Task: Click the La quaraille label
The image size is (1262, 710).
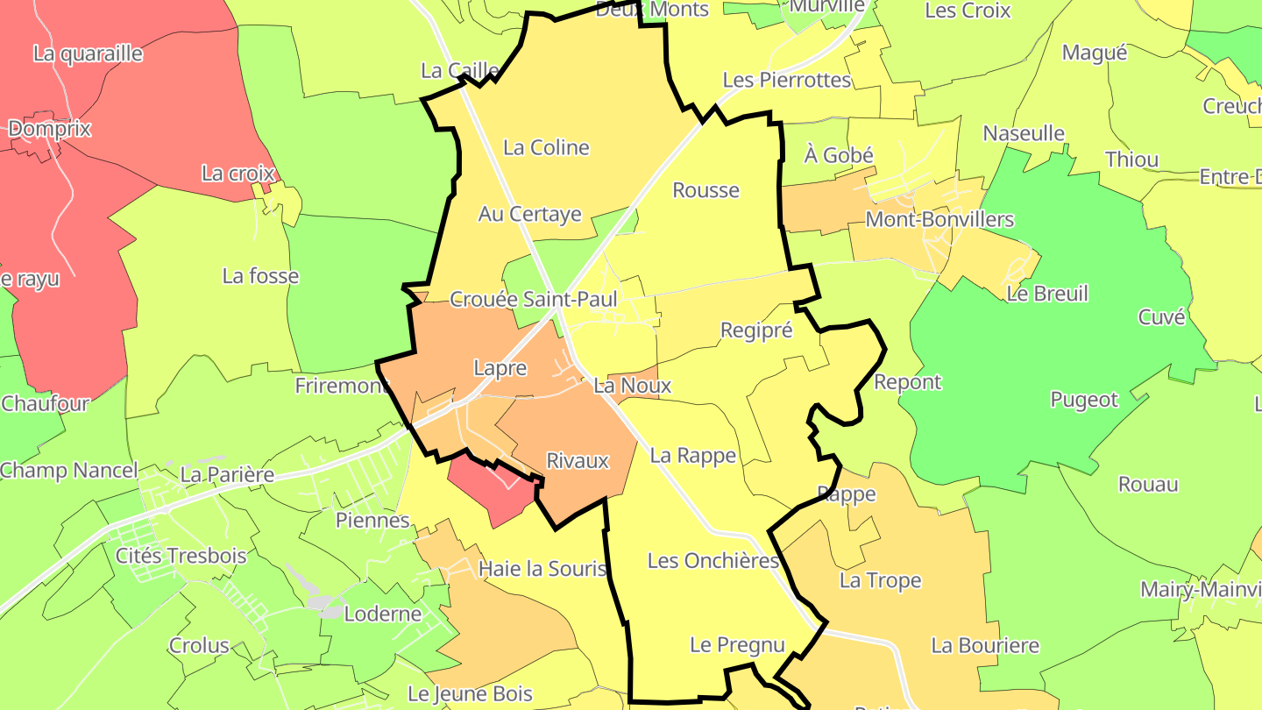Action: tap(88, 53)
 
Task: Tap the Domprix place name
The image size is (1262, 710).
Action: tap(49, 129)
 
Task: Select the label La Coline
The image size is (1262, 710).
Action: tap(546, 147)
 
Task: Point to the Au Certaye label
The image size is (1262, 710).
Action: tap(529, 214)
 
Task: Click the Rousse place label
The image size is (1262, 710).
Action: tap(705, 190)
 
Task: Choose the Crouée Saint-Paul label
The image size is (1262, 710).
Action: tap(533, 300)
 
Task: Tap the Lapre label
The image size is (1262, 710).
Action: tap(500, 368)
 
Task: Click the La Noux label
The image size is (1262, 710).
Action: tap(632, 386)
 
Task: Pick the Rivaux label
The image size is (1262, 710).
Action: tap(577, 461)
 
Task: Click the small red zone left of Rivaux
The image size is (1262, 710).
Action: tap(491, 493)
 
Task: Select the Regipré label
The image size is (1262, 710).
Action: tap(755, 330)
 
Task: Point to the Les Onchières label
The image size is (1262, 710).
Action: tap(713, 561)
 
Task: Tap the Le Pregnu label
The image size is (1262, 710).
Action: tap(737, 645)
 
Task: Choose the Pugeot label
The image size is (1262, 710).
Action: tap(1084, 401)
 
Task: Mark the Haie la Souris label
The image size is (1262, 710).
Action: tap(542, 570)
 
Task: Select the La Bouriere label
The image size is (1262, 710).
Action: tap(984, 646)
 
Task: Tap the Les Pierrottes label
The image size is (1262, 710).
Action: tap(786, 81)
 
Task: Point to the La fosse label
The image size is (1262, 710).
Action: tap(260, 277)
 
